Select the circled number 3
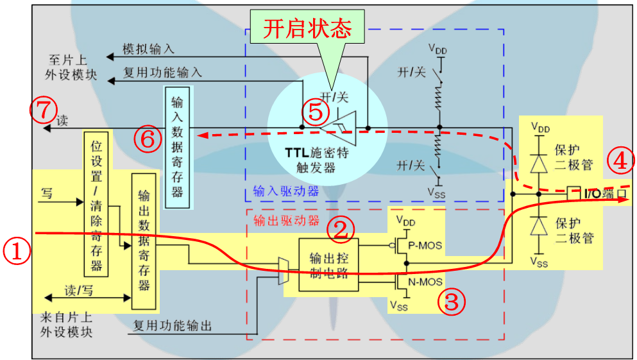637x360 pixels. click(452, 301)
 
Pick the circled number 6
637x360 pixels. click(148, 138)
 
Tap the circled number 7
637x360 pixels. click(43, 110)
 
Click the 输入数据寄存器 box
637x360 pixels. click(177, 147)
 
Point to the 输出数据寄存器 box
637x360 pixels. click(144, 241)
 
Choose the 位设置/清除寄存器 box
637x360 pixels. click(97, 203)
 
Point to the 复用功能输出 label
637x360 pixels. click(172, 325)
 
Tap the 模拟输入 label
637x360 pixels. click(149, 49)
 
